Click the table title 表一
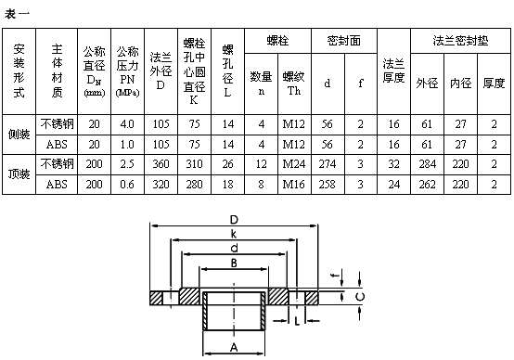pos(18,11)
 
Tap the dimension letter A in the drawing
pos(233,344)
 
